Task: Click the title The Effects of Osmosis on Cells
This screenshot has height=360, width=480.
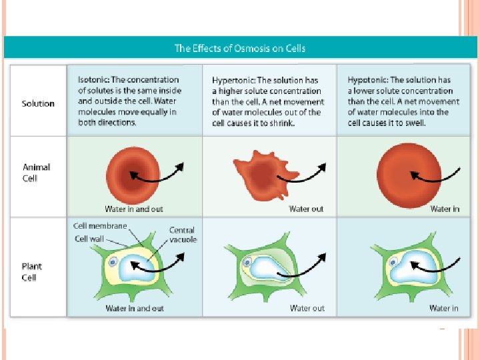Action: [240, 48]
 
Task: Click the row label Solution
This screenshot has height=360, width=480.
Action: [38, 103]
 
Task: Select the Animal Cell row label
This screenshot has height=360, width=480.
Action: [37, 171]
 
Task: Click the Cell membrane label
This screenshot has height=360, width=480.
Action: [99, 227]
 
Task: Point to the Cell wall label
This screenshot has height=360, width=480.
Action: [91, 239]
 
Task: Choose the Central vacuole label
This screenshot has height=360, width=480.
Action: [183, 235]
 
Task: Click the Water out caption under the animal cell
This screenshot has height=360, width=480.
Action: [306, 209]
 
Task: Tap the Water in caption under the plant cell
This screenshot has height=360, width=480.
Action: [444, 308]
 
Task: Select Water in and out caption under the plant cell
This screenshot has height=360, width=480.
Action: [135, 308]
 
